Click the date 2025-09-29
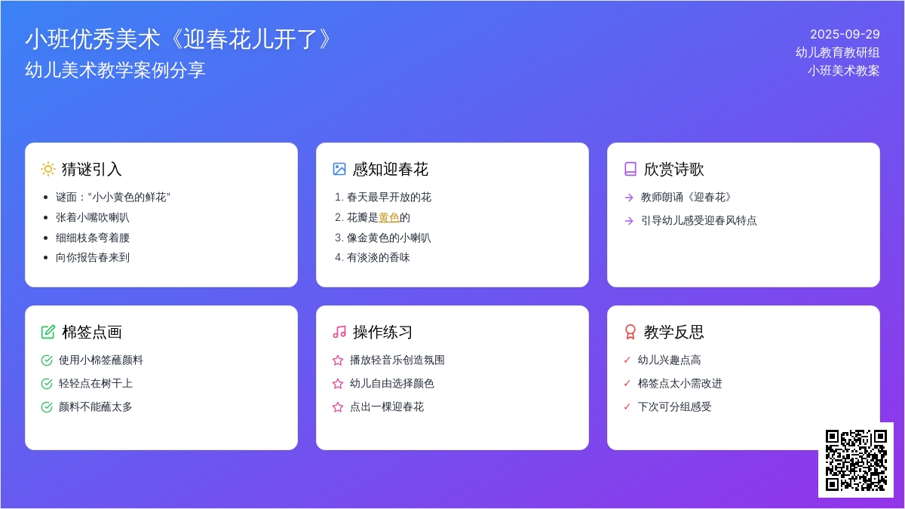coord(845,35)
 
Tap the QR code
coord(856,460)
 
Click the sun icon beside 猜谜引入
coord(48,169)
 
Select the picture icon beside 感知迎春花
coord(339,169)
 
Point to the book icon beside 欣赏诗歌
coord(630,169)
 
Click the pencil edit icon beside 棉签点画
coord(48,332)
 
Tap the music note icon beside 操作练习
coord(339,332)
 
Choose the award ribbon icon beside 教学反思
coord(630,332)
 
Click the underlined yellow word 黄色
coord(388,218)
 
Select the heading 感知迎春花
coord(391,169)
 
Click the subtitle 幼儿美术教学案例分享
coord(115,70)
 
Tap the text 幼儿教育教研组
coord(838,53)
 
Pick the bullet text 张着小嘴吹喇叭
coord(93,218)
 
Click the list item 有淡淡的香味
coord(378,258)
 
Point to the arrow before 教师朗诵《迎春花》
coord(629,198)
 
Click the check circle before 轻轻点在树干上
coord(47,384)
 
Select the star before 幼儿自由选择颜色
coord(338,384)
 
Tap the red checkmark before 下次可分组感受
coord(627,406)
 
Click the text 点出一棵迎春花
coord(387,406)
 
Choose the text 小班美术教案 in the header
coord(844,71)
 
